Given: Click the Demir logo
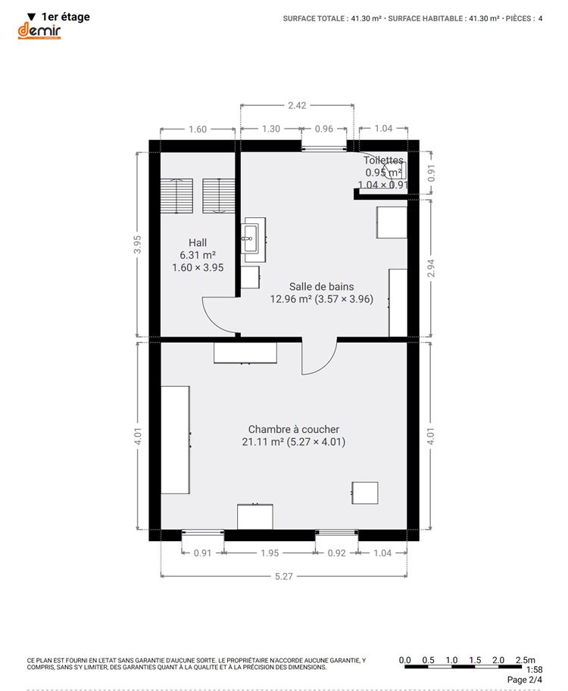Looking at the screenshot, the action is (x=39, y=31).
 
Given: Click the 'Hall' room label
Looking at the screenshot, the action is (x=198, y=242).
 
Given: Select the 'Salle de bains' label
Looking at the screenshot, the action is (x=321, y=286).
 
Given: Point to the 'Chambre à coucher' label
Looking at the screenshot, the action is (x=294, y=429).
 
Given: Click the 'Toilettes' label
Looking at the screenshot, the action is (x=383, y=160).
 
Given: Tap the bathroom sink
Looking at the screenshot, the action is (x=251, y=238).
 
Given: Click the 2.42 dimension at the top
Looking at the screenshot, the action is (x=297, y=105).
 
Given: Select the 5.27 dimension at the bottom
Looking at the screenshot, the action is (x=283, y=577).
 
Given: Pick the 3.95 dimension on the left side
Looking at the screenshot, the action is (x=138, y=244).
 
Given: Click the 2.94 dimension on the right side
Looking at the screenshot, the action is (x=431, y=268).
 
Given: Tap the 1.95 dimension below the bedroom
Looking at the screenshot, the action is (x=270, y=553).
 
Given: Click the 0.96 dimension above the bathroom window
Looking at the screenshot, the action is (x=323, y=129).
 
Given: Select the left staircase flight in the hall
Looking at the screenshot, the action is (x=176, y=196).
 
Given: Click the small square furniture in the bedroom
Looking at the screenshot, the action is (x=365, y=493).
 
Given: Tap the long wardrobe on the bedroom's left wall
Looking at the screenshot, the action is (x=175, y=440).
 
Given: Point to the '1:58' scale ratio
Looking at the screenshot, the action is (x=534, y=670).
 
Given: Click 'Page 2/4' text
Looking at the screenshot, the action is (x=524, y=680).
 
